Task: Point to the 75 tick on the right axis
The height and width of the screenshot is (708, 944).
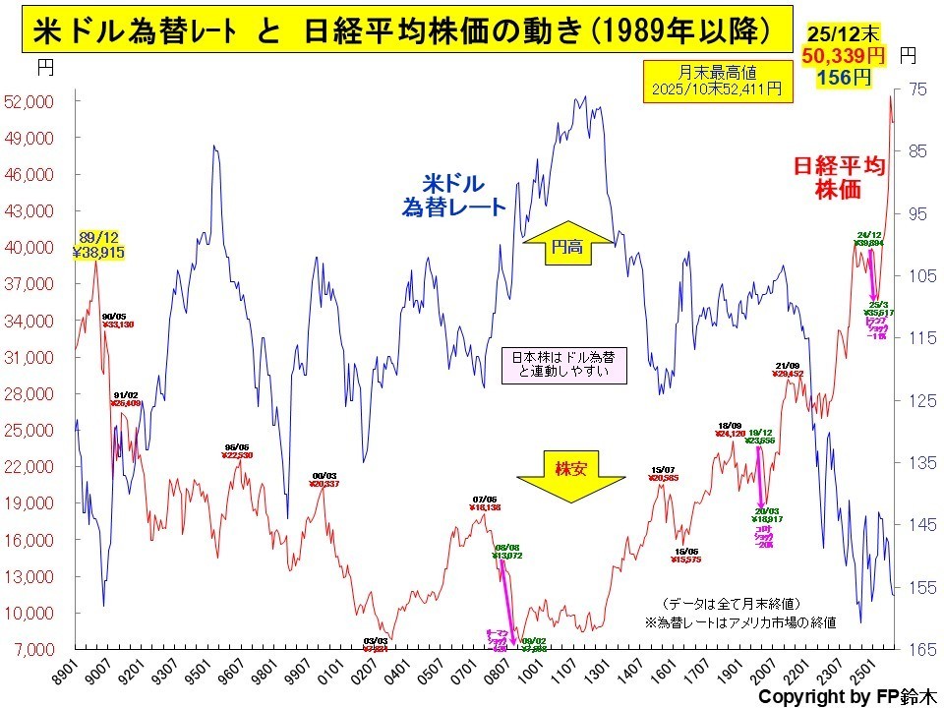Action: click(x=916, y=89)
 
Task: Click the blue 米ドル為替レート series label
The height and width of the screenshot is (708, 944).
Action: click(x=453, y=195)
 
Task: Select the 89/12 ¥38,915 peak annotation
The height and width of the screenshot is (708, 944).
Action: click(x=102, y=245)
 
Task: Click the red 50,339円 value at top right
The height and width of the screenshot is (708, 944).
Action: click(x=844, y=57)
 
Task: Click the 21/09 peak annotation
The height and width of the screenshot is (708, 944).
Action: click(x=788, y=370)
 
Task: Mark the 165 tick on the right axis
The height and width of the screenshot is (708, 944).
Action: click(x=916, y=650)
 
